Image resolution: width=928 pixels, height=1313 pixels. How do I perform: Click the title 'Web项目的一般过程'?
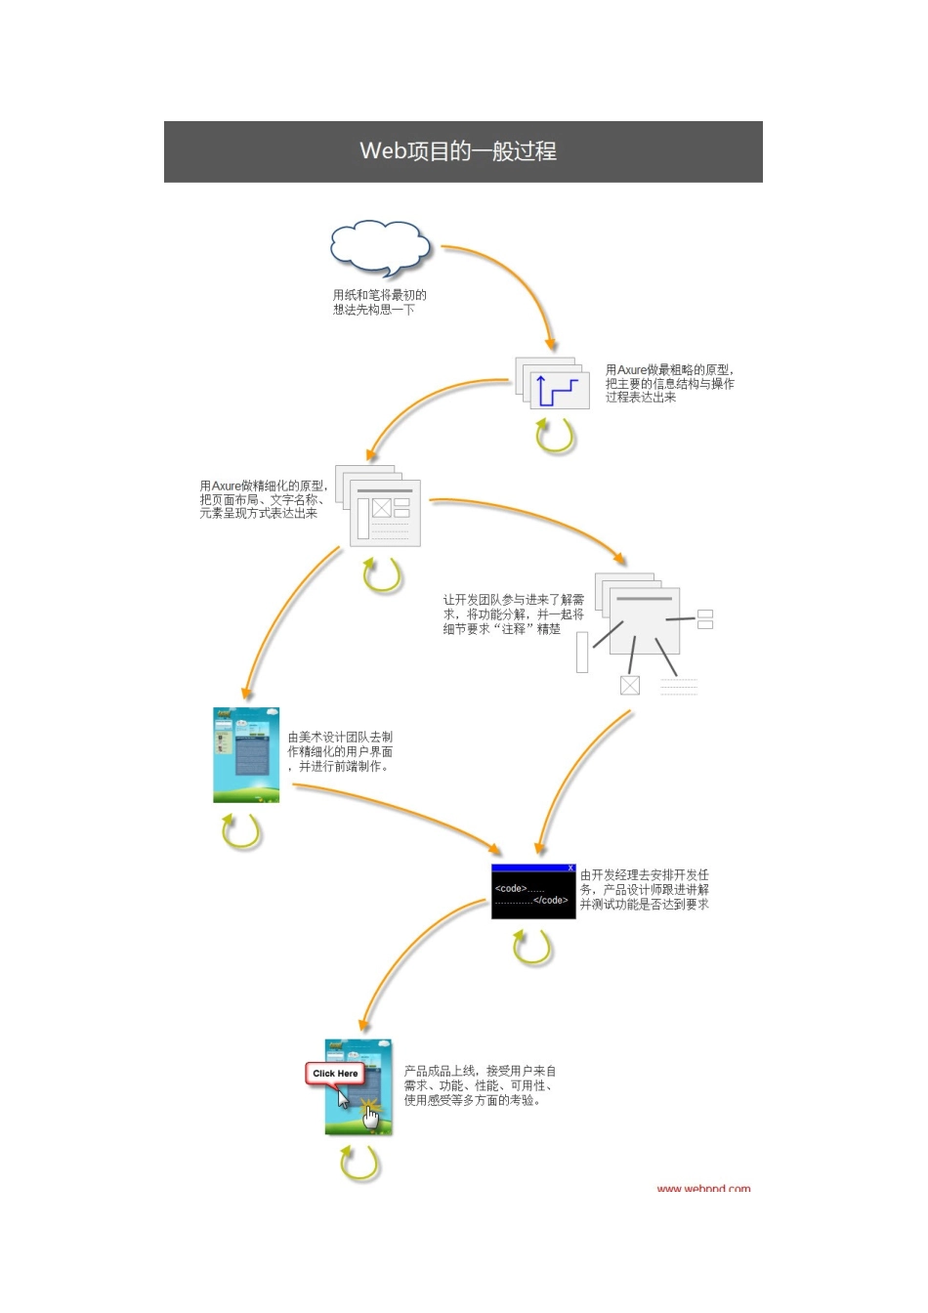pos(458,151)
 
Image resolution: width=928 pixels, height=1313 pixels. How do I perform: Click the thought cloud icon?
pos(379,246)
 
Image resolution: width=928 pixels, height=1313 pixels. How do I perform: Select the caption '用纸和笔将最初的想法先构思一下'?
pos(379,302)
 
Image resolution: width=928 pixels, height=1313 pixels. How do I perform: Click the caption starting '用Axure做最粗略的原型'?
pos(669,384)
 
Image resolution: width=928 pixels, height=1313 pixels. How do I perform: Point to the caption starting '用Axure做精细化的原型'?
pos(264,499)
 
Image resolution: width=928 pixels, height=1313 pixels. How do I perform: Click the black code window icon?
pos(533,893)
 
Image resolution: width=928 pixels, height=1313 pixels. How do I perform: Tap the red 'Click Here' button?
pos(335,1074)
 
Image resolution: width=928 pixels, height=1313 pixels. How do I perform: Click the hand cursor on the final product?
pos(371,1117)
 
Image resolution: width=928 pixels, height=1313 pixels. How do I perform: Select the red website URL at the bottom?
pos(703,1189)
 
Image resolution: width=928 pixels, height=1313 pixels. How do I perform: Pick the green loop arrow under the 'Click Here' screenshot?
pos(359,1164)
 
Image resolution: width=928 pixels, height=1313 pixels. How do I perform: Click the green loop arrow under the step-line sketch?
pos(555,436)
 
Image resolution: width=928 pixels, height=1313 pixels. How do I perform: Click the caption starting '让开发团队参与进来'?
pos(514,614)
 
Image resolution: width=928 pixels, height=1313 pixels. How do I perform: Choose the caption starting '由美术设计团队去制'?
pos(341,752)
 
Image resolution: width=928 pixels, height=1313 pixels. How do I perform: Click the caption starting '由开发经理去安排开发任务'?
pos(645,890)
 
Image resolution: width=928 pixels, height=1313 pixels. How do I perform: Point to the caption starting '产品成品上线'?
pos(481,1085)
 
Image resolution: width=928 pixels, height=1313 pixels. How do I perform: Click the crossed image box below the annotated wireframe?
pos(630,685)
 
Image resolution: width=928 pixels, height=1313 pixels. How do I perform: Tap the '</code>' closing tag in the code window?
pos(550,901)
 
